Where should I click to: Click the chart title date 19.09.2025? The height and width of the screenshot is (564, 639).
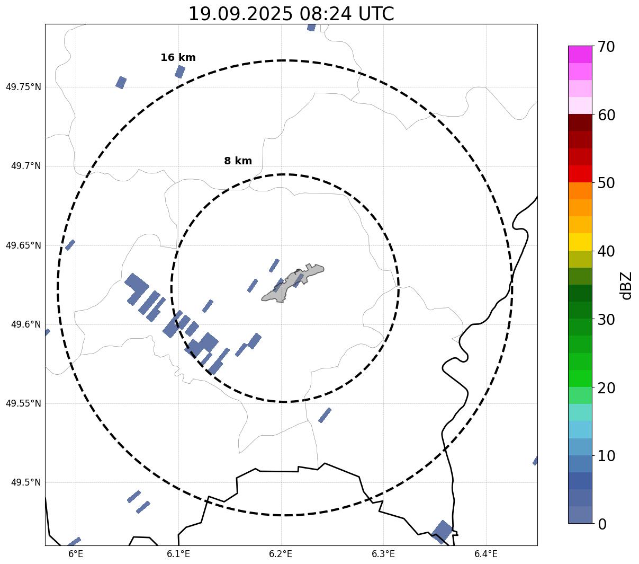coord(240,14)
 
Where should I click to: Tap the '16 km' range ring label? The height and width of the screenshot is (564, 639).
coord(178,58)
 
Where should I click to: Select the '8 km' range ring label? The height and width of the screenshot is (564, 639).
coord(238,161)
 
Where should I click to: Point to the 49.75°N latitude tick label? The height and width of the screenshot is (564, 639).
coord(23,87)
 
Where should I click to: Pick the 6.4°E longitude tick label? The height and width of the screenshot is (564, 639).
coord(485,554)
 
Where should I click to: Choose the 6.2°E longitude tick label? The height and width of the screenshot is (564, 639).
coord(281,554)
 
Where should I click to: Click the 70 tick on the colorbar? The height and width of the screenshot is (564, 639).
coord(606,47)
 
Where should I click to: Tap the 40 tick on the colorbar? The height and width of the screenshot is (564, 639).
coord(606,251)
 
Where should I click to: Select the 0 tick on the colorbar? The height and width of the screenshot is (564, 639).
coord(602,524)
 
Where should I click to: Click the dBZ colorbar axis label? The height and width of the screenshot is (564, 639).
coord(626,285)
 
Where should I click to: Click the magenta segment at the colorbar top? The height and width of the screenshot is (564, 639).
coord(580,54)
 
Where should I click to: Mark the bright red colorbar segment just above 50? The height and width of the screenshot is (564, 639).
coord(580,173)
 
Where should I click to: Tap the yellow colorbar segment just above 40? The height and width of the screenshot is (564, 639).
coord(580,242)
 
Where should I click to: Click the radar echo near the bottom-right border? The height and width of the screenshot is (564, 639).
coord(442,531)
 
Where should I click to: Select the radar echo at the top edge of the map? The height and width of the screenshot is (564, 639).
coord(311,27)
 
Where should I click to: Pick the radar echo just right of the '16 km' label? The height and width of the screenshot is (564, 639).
coord(180,72)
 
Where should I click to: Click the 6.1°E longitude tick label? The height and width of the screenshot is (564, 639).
coord(178,554)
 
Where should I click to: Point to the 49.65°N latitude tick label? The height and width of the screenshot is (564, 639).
coord(23,245)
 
